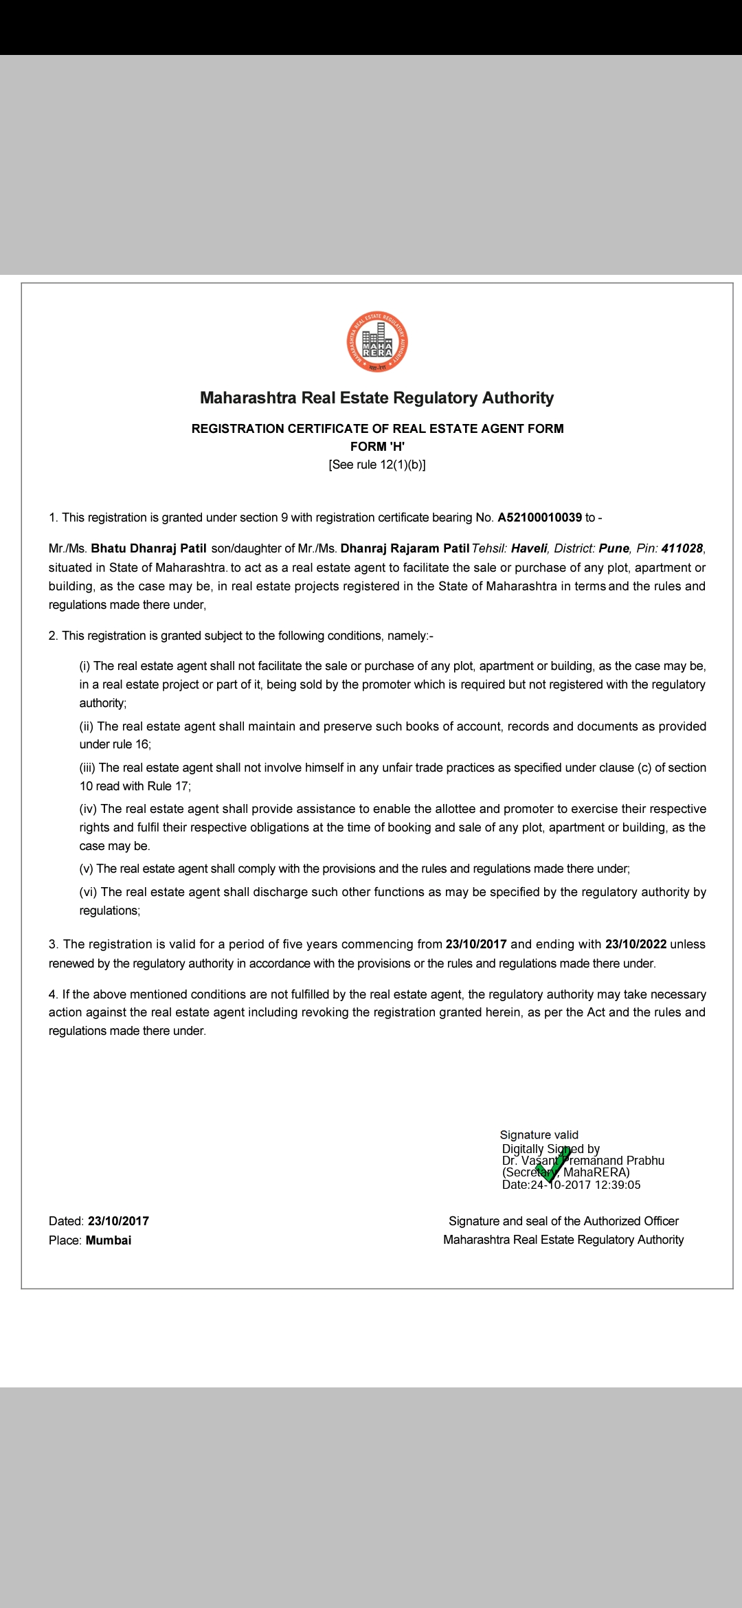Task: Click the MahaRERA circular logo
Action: (x=376, y=342)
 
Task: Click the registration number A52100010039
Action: (x=539, y=517)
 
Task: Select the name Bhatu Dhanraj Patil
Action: (x=148, y=548)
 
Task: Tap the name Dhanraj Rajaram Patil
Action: (x=405, y=548)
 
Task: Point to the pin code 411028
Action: (x=682, y=548)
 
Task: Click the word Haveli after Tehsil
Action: (x=529, y=548)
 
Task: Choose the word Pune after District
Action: (x=614, y=548)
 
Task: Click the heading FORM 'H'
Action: (x=377, y=447)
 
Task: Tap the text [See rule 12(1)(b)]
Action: (x=377, y=465)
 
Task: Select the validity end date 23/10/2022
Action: (x=636, y=944)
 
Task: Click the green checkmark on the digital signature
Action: (x=554, y=1164)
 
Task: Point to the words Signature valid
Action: (x=539, y=1135)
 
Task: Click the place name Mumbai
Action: (x=109, y=1240)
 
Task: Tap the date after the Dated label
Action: (x=118, y=1221)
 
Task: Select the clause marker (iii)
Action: (x=87, y=768)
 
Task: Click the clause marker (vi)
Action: (x=88, y=892)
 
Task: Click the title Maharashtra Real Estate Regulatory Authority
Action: (x=376, y=398)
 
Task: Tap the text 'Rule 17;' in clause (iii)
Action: (x=169, y=786)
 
